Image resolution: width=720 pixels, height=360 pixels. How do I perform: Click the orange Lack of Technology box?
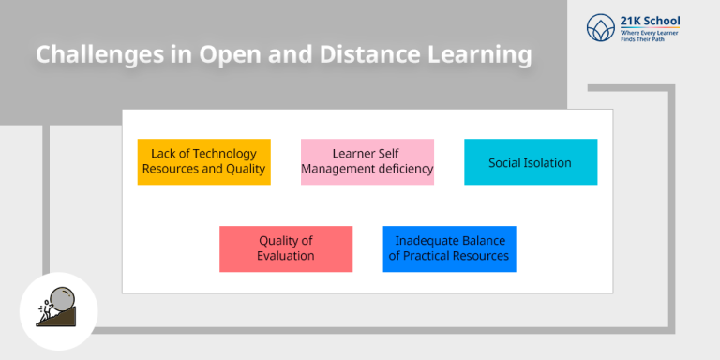(203, 161)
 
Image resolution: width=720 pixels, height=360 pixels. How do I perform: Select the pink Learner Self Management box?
(367, 161)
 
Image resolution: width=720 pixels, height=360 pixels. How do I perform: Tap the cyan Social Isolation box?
(530, 161)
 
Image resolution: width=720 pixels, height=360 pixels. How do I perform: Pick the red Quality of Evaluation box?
(286, 248)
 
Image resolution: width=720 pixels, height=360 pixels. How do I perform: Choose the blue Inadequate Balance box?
(449, 248)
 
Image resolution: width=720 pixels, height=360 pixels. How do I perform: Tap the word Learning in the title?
(479, 55)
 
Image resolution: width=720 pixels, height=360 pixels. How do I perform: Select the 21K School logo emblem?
(599, 27)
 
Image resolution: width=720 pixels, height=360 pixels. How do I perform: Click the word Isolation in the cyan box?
(548, 163)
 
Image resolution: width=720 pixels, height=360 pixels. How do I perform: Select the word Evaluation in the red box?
(286, 256)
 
